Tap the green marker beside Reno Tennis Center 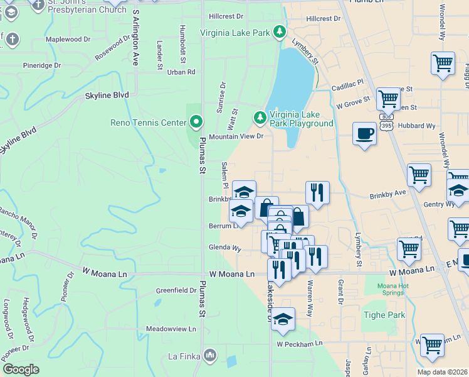point(196,122)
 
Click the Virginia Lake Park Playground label point(301,119)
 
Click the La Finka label point(184,357)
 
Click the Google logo point(20,369)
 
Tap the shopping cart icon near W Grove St point(388,99)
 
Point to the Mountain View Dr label point(236,136)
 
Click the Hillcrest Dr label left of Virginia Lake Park point(226,16)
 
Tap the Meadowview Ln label point(171,329)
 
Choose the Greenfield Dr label point(176,290)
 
